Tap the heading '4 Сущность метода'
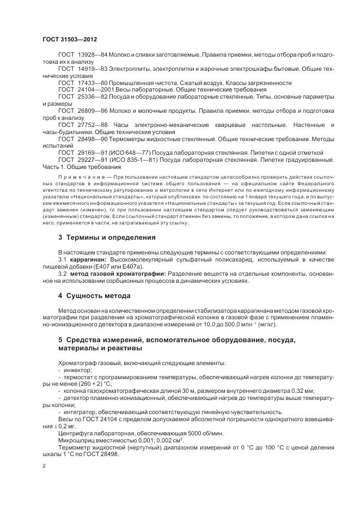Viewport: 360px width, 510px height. click(x=94, y=296)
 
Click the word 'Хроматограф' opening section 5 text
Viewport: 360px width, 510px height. click(x=78, y=363)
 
